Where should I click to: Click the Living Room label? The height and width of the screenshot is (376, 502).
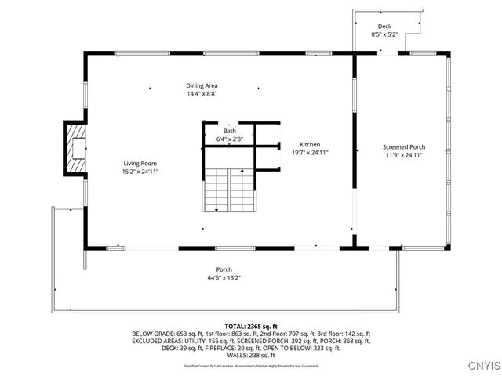tap(140, 163)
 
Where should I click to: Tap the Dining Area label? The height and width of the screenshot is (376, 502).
tap(202, 85)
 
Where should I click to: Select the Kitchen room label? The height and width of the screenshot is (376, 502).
tap(309, 145)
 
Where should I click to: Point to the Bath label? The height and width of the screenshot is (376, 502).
tap(230, 132)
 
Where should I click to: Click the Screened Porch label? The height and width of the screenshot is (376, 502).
tap(403, 147)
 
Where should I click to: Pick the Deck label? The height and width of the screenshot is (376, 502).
tap(384, 27)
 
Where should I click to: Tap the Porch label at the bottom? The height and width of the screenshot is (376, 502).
tap(224, 269)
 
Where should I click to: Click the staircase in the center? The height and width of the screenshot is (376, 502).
tap(229, 190)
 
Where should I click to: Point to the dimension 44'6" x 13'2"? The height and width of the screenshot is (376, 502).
tap(224, 277)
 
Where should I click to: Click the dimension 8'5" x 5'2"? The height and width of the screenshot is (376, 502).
tap(384, 34)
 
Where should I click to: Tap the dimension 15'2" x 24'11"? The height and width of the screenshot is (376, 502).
tap(140, 171)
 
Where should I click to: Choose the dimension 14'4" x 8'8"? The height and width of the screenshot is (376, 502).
tap(202, 93)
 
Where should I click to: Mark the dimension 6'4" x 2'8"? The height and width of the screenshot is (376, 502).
tap(230, 139)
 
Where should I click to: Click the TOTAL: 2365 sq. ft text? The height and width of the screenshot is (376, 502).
tap(251, 326)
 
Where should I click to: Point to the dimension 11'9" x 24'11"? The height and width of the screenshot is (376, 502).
tap(403, 155)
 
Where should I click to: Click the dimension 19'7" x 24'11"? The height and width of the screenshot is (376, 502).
tap(309, 153)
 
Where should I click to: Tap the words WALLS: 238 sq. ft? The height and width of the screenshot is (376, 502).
tap(251, 355)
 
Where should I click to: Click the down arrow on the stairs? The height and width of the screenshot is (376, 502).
tap(214, 209)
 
